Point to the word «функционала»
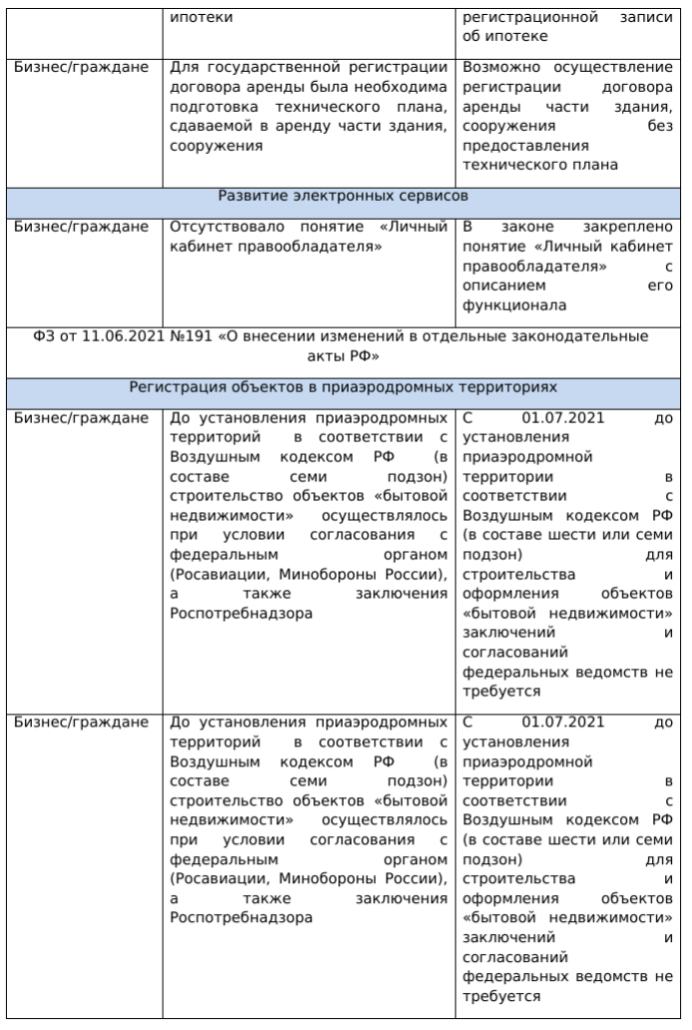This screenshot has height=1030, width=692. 515,305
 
